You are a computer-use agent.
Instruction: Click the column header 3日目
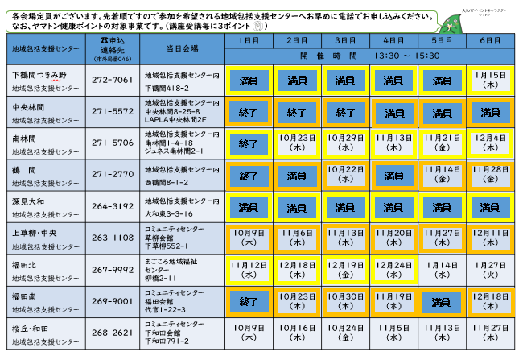pyautogui.click(x=345, y=39)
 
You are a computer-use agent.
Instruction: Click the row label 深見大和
pyautogui.click(x=30, y=202)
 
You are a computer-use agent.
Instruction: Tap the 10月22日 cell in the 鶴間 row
pyautogui.click(x=345, y=175)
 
